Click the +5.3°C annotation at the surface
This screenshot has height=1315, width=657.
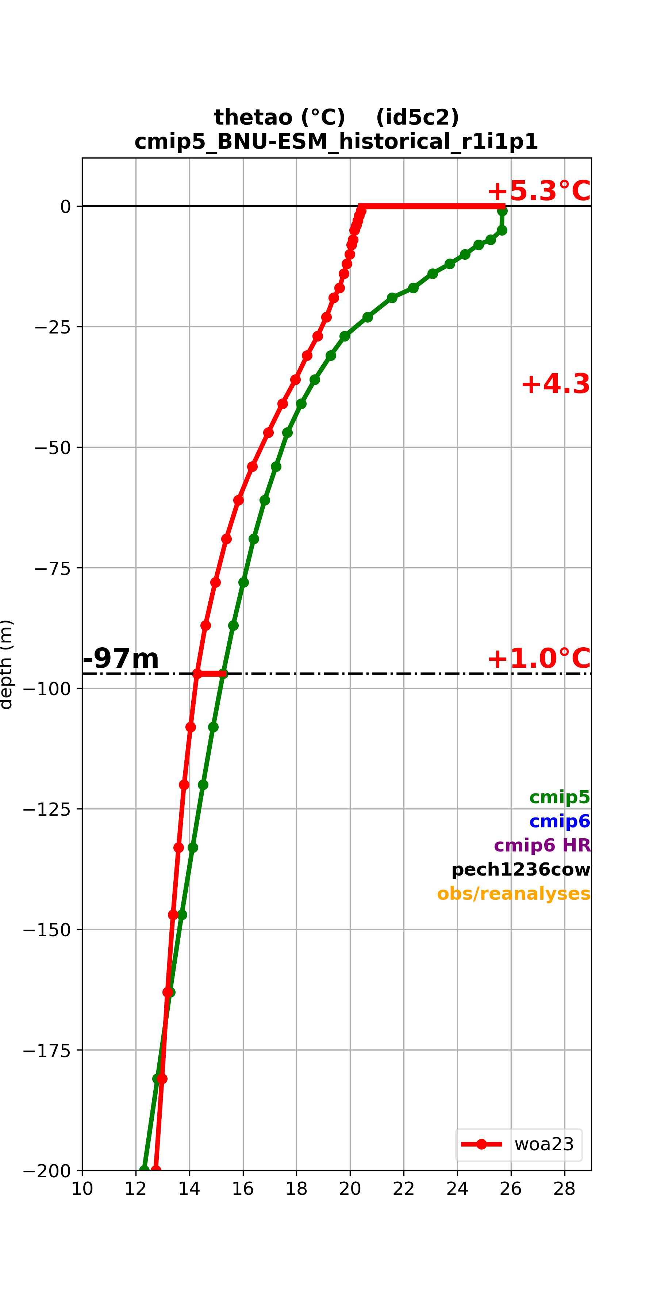539,191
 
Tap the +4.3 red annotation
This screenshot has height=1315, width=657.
556,384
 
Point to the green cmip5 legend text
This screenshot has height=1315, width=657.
560,797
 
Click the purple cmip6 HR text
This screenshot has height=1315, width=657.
542,845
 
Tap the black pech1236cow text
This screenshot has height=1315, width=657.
521,869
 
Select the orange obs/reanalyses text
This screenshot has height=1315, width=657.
514,893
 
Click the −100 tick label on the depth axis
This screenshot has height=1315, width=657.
46,689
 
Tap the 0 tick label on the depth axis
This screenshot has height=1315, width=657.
65,207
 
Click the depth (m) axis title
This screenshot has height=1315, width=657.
6,664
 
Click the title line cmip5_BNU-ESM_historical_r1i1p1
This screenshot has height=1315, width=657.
336,141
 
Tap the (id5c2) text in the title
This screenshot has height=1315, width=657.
417,117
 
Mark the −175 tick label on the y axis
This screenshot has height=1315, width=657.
46,1050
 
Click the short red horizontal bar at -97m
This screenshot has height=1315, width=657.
211,674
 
